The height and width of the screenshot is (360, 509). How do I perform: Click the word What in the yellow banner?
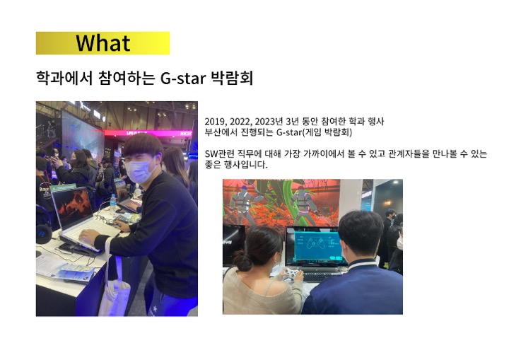coord(103,43)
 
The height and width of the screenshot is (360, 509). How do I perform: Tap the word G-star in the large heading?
coord(183,79)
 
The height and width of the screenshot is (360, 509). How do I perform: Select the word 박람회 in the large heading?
coord(232,78)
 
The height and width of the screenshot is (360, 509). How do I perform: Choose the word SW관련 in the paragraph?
coord(219,153)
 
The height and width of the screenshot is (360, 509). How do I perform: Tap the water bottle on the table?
coord(112,204)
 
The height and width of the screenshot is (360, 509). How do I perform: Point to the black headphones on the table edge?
coord(44,234)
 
